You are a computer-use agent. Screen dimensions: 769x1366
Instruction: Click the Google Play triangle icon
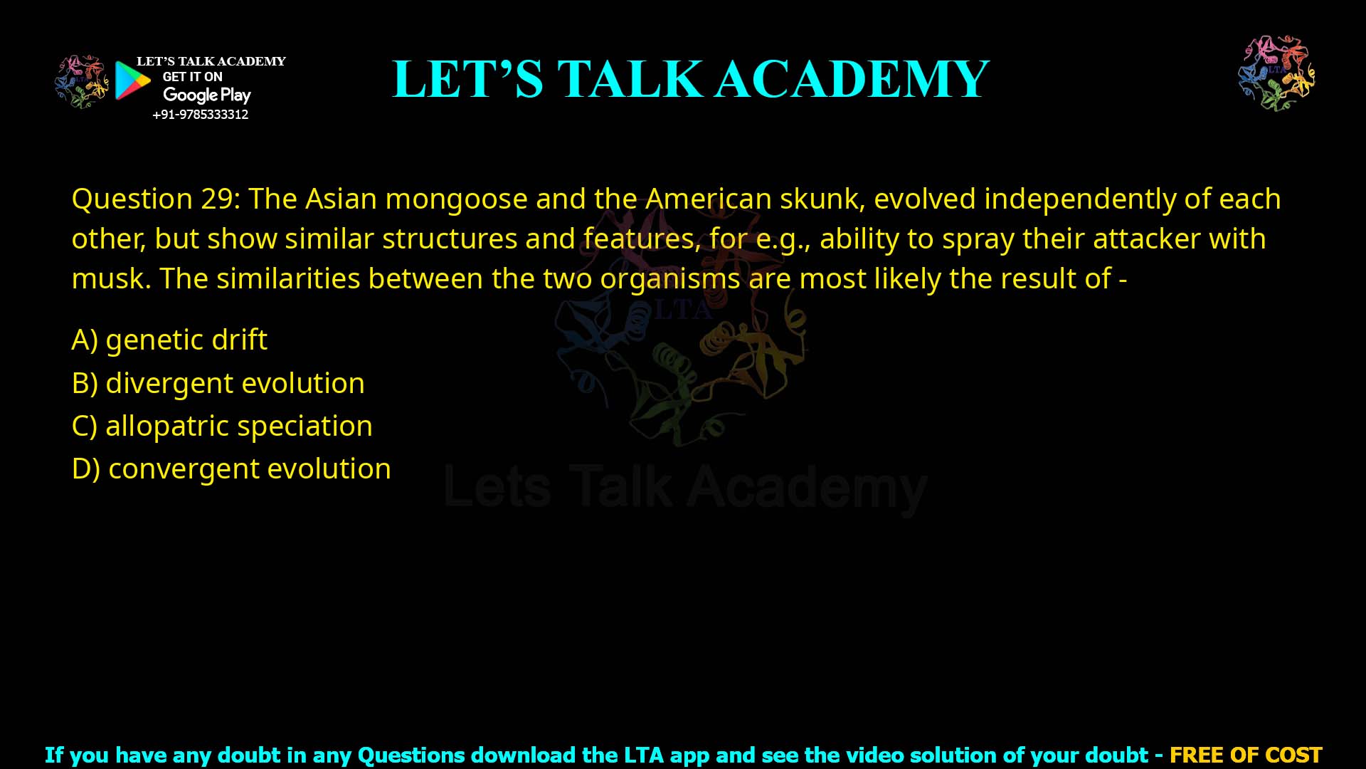coord(132,80)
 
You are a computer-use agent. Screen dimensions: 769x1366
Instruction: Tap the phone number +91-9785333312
coord(201,115)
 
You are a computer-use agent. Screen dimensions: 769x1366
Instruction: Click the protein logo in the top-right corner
coord(1276,73)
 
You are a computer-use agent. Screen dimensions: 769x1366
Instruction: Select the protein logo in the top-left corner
coord(82,81)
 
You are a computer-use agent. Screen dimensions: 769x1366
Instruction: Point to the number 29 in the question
coord(219,199)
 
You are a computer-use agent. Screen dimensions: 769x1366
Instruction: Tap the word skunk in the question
coord(822,199)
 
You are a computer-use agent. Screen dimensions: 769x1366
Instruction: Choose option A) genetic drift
coord(170,340)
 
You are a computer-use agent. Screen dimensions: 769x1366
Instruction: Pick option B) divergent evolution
coord(218,383)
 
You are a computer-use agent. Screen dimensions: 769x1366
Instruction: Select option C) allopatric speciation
coord(222,426)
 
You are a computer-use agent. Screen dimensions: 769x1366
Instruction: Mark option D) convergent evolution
coord(231,469)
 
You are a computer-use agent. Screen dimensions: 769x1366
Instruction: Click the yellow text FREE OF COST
coord(1246,755)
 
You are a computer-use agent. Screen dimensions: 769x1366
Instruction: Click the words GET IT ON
coord(192,77)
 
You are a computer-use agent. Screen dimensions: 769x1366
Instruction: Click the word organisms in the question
coord(670,278)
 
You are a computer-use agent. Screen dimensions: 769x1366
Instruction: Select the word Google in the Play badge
coord(190,95)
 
